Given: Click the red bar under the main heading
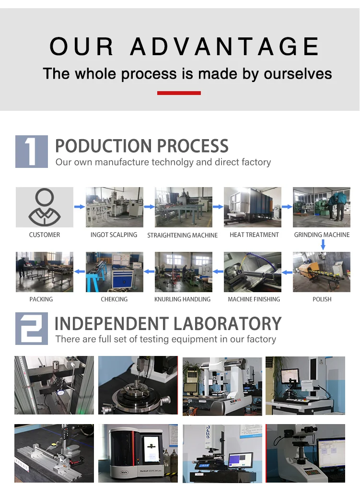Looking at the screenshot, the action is coord(179,93).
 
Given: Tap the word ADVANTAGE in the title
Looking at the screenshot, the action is coord(224,46).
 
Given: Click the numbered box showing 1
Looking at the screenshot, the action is coord(32,152).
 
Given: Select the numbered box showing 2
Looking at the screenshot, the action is coord(32,328).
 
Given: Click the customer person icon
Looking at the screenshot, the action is coord(45,207).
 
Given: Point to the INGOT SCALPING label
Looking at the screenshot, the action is coord(114,235).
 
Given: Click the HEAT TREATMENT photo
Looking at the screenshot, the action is coord(252,207).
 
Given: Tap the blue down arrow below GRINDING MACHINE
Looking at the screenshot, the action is coord(323,244).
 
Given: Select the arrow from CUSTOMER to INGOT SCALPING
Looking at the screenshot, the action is coord(80,207).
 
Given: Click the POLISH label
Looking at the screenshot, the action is coord(322,299).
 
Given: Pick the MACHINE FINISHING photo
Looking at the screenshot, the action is coord(252,272).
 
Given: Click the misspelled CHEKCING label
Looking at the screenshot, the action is coord(114,299).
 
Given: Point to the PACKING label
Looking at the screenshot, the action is coord(41,299).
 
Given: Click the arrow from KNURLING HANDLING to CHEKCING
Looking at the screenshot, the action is coord(149,272).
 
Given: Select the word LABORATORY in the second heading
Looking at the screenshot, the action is coord(227,324).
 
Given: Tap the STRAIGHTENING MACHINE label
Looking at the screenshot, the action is coord(182,235).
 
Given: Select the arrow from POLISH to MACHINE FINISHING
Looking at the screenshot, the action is coord(287,272).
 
